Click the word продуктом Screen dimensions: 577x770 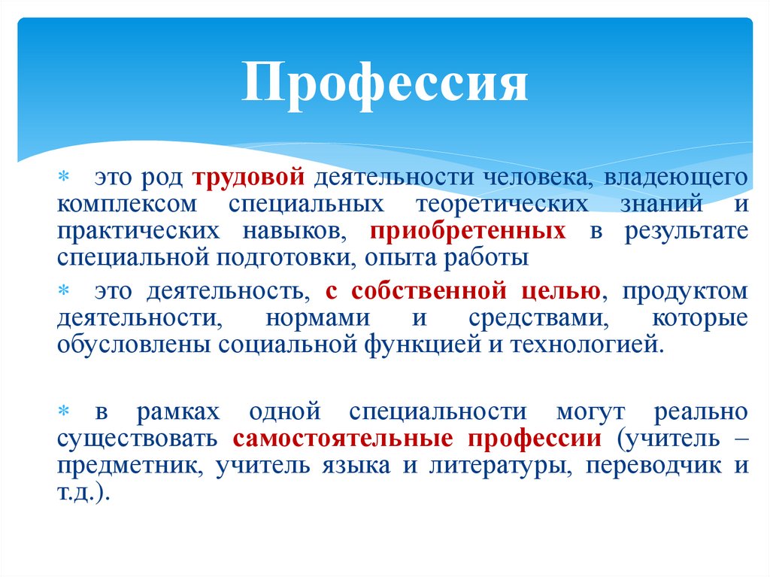pyautogui.click(x=685, y=290)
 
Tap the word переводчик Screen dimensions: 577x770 pyautogui.click(x=643, y=465)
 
